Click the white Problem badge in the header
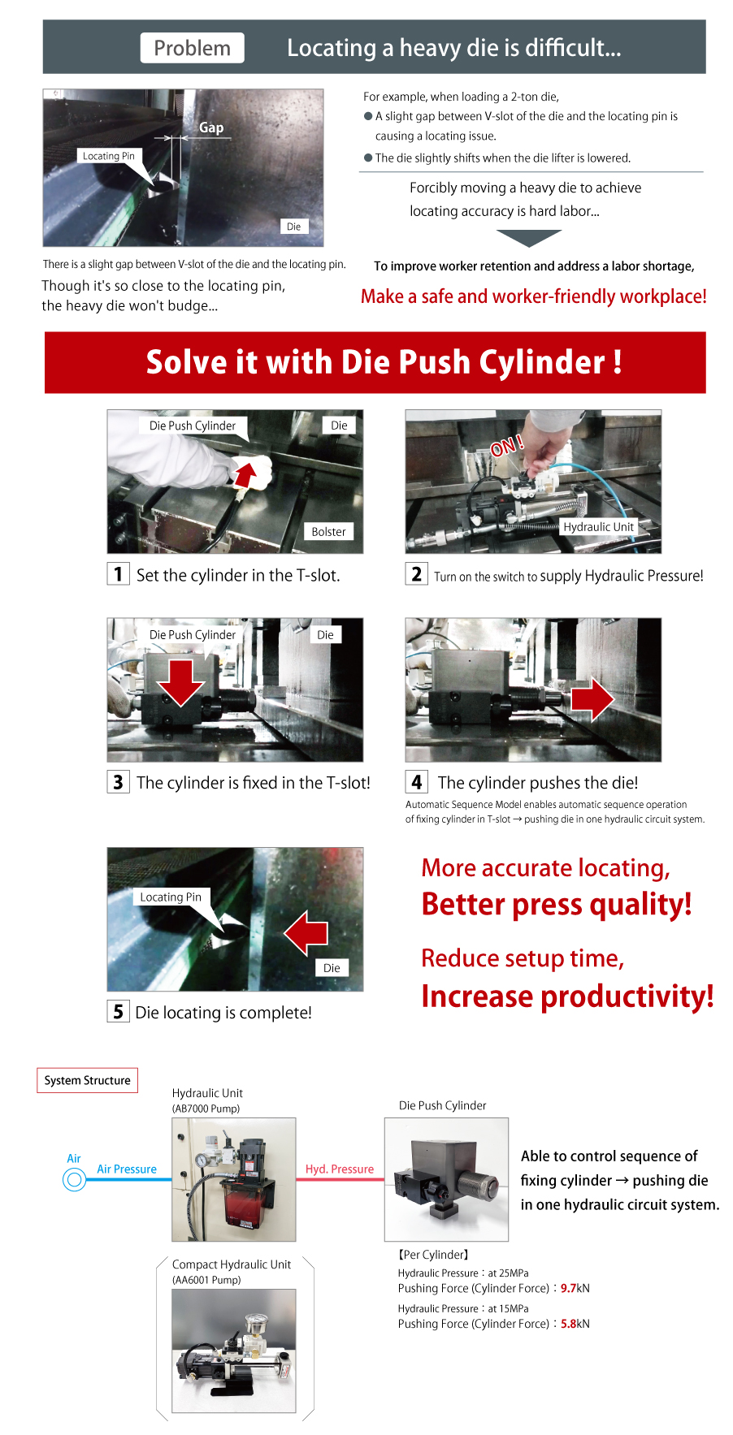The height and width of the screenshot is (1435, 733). point(192,48)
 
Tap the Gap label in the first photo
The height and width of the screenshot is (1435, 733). point(211,128)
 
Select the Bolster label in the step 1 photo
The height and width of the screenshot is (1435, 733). point(328,532)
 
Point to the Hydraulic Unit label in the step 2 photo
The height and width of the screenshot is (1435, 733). point(598,527)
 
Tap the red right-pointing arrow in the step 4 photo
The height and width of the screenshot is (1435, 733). point(592,698)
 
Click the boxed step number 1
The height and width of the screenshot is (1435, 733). point(118,574)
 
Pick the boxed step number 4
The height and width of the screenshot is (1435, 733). point(416,782)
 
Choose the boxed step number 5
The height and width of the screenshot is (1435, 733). point(118,1011)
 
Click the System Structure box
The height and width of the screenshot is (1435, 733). point(88,1080)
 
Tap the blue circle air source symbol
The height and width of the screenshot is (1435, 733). point(74,1179)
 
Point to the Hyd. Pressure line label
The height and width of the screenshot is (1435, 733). point(340,1169)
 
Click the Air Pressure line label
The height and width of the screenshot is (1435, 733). point(127,1169)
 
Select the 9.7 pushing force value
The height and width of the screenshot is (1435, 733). point(568,1288)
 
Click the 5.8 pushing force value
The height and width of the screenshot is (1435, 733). point(568,1324)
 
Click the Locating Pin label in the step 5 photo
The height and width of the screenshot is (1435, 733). point(171,897)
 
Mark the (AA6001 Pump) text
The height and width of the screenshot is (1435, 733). point(206,1280)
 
